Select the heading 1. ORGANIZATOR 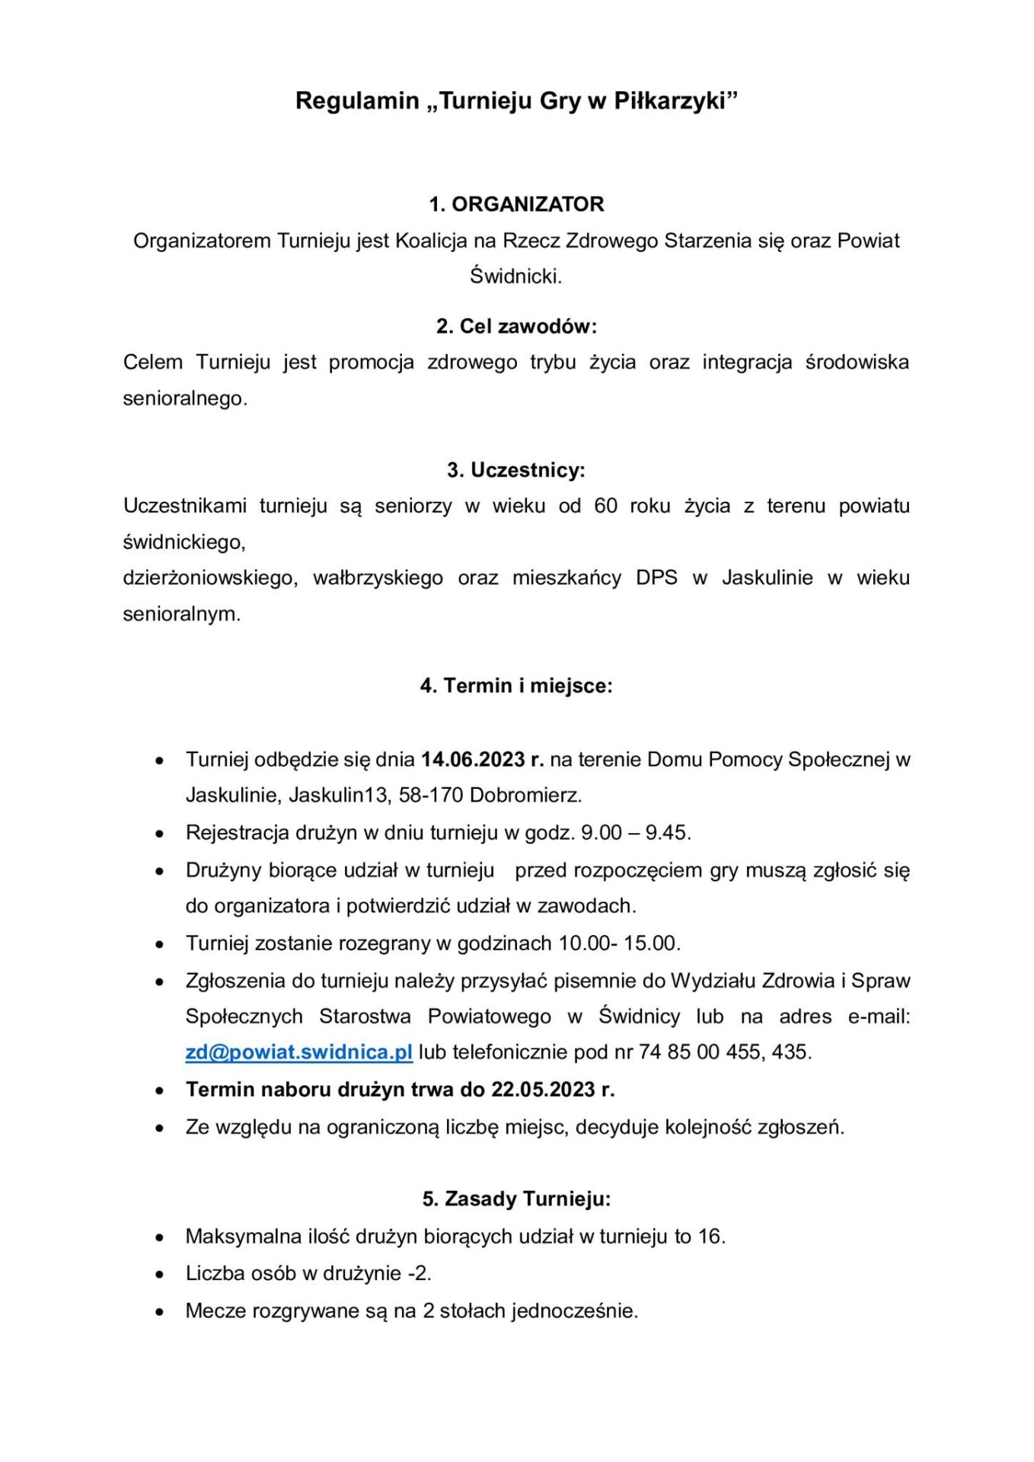click(x=516, y=204)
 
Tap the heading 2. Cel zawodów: click(x=516, y=326)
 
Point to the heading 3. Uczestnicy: click(x=516, y=470)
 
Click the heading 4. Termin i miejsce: click(x=516, y=685)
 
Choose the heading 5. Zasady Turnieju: click(x=516, y=1199)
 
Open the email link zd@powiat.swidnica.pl click(x=298, y=1052)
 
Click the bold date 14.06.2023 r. click(x=482, y=759)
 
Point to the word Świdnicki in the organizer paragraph click(x=515, y=276)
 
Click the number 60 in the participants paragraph click(x=605, y=506)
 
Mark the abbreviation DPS click(x=656, y=578)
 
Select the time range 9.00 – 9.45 click(x=635, y=832)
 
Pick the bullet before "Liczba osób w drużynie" click(x=159, y=1274)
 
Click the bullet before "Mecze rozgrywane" click(x=159, y=1311)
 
